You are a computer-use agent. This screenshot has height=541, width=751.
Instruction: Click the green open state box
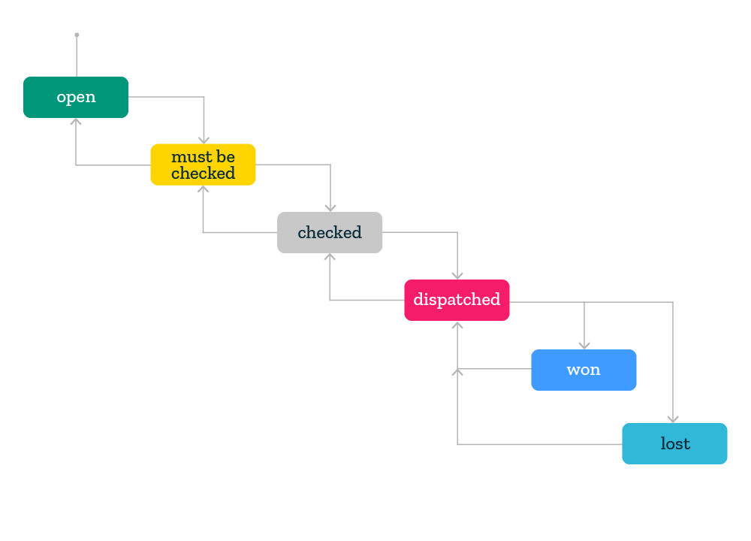76,97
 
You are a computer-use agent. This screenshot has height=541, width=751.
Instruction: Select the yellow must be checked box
203,165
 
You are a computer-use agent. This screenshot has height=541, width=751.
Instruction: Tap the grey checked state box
330,232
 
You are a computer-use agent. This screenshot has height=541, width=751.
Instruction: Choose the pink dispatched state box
457,300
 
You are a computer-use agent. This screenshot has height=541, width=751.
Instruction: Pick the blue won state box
584,370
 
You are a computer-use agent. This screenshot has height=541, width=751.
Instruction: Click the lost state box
674,443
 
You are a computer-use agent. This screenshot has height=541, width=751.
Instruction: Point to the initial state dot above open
77,35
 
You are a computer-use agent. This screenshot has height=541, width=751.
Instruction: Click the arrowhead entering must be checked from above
204,140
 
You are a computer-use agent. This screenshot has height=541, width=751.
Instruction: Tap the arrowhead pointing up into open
76,122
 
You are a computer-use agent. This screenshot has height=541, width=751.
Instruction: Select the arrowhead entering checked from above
330,207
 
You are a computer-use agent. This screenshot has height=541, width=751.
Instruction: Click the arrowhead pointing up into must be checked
203,189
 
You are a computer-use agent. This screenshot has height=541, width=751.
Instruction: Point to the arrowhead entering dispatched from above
457,275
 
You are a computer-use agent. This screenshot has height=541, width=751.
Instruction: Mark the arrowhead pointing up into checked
330,257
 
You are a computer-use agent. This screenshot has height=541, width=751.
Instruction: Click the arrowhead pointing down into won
584,345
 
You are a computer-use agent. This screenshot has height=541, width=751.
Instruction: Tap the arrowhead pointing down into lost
673,419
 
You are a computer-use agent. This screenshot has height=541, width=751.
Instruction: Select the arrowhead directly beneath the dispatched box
457,325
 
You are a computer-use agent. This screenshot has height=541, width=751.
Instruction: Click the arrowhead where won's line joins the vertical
457,372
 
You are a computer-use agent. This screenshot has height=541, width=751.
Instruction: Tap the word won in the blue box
584,370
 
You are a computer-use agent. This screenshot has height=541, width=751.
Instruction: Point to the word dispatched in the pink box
457,300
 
